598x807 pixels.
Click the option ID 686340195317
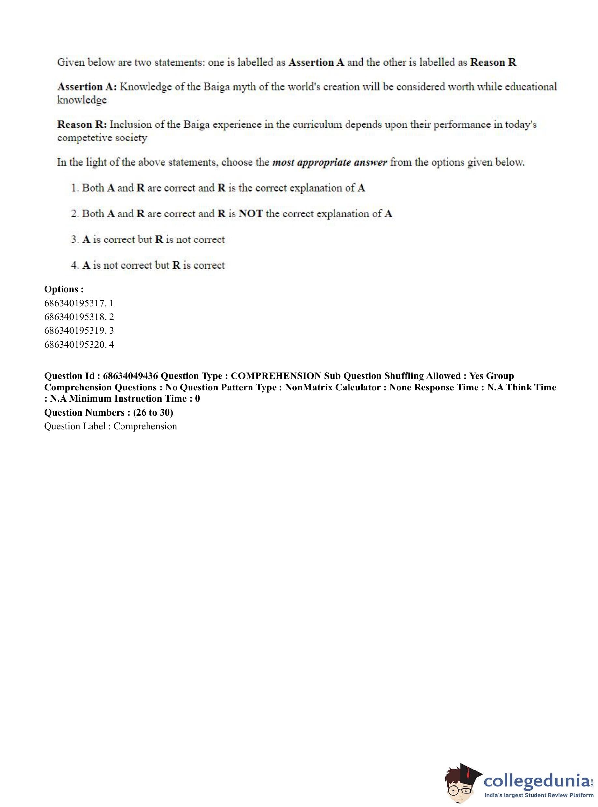click(75, 303)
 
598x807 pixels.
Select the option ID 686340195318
click(75, 317)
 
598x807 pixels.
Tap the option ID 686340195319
click(75, 331)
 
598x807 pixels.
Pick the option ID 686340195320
click(75, 345)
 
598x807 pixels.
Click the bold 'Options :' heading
click(64, 289)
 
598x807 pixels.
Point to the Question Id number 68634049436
click(130, 376)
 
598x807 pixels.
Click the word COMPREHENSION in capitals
click(276, 376)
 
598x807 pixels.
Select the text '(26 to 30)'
click(153, 413)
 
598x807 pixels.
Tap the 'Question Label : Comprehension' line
click(110, 426)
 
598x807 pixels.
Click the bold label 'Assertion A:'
click(87, 87)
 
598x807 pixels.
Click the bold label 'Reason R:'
click(82, 125)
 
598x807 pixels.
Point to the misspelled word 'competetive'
click(85, 138)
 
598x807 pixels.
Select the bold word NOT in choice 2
click(250, 214)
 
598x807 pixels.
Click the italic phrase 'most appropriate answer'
click(329, 162)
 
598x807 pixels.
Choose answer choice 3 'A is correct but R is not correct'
click(148, 240)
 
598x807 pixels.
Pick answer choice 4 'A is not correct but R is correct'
click(148, 265)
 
